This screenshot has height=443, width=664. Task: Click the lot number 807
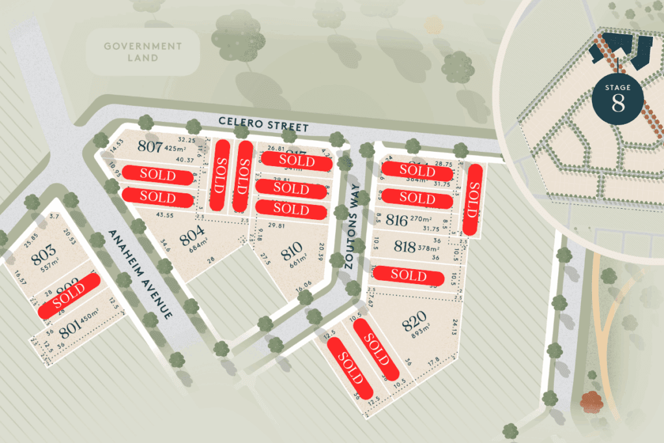[150, 147]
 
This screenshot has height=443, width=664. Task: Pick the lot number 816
[396, 220]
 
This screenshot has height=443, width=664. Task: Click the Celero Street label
[263, 123]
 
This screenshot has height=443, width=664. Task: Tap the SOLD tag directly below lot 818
[409, 275]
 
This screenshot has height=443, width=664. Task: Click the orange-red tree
[591, 402]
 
